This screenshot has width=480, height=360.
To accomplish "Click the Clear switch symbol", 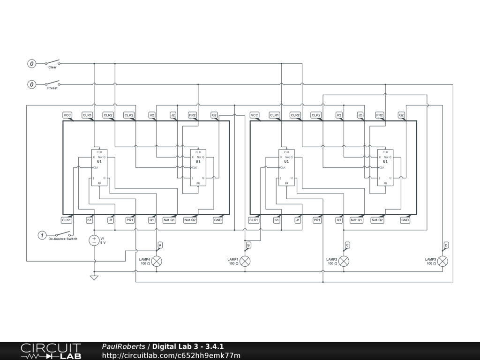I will (x=52, y=62).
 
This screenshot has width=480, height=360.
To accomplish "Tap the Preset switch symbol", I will (x=52, y=84).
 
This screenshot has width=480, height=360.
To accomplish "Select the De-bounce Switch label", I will (x=62, y=239).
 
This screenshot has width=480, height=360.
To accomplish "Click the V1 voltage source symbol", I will (x=94, y=240).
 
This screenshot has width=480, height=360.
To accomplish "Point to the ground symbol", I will (x=94, y=277).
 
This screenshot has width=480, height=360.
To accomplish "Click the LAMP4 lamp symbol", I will (x=157, y=261).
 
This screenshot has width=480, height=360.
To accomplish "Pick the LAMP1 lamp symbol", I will (x=245, y=261).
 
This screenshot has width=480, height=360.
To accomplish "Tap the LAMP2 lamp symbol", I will (x=344, y=261).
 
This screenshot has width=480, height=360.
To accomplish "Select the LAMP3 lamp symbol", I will (x=442, y=261).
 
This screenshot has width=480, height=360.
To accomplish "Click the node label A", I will (x=160, y=245).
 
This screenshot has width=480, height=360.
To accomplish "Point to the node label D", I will (x=446, y=245).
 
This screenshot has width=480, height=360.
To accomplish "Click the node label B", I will (x=248, y=245).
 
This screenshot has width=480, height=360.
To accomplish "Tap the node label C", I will (x=347, y=245).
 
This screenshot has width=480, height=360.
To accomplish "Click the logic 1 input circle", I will (x=42, y=235).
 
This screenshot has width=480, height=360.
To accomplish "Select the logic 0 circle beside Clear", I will (x=32, y=63).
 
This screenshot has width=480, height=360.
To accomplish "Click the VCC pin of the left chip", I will (x=67, y=115).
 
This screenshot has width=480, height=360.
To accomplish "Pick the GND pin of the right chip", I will (x=405, y=220).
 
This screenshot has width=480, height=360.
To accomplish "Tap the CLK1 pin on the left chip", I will (x=67, y=220).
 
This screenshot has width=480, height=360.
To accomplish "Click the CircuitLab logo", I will (x=51, y=351).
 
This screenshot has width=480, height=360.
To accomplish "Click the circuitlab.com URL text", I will (x=171, y=355).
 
